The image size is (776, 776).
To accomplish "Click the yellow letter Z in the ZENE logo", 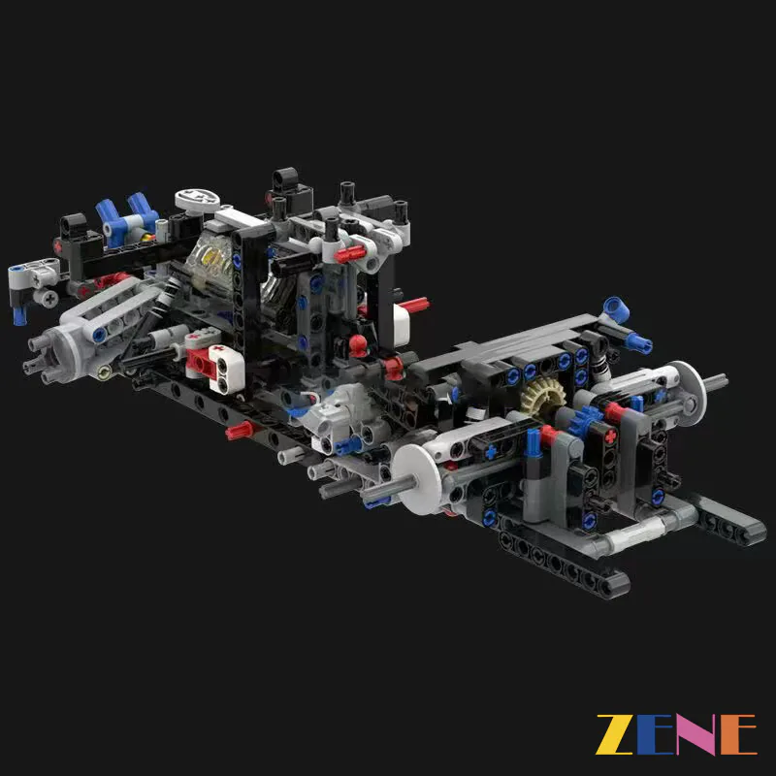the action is click(614, 734).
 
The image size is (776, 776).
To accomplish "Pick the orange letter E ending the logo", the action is click(738, 734).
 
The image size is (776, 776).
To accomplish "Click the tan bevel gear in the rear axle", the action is click(536, 394).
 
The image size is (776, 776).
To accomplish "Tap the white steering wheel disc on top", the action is click(197, 200).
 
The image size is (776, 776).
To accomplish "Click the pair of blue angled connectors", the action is click(128, 217).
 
